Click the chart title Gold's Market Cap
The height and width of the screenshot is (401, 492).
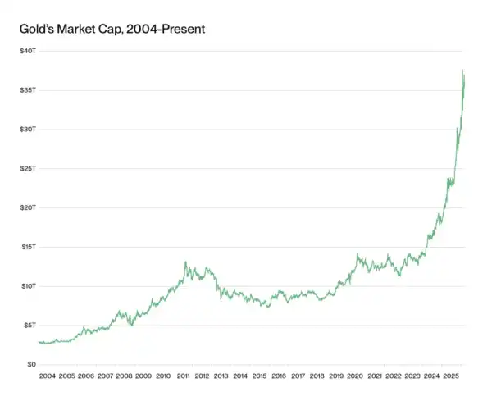pyautogui.click(x=112, y=30)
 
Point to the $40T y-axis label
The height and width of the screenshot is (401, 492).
pyautogui.click(x=29, y=51)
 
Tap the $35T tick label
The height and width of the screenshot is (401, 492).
pyautogui.click(x=29, y=89)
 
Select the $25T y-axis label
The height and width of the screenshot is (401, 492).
pyautogui.click(x=29, y=168)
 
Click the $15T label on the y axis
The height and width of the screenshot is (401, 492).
pyautogui.click(x=29, y=247)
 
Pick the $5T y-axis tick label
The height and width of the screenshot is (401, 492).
pyautogui.click(x=30, y=325)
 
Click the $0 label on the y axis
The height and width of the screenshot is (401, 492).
pyautogui.click(x=32, y=364)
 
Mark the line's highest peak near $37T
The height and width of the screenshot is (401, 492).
pyautogui.click(x=462, y=71)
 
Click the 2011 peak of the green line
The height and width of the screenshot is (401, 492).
pyautogui.click(x=185, y=262)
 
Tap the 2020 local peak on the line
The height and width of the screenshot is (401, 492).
pyautogui.click(x=357, y=255)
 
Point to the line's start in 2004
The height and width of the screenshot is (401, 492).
pyautogui.click(x=39, y=341)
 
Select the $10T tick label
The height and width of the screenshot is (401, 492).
pyautogui.click(x=29, y=286)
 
